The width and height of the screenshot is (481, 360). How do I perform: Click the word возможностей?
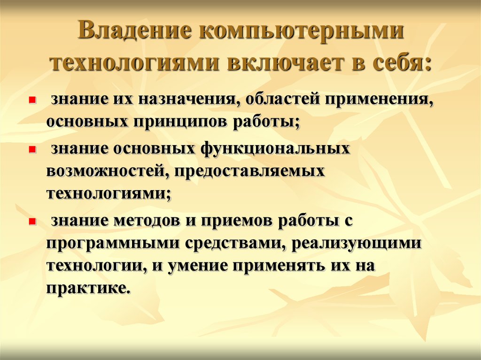(108, 171)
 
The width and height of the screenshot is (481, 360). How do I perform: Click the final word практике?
(86, 288)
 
